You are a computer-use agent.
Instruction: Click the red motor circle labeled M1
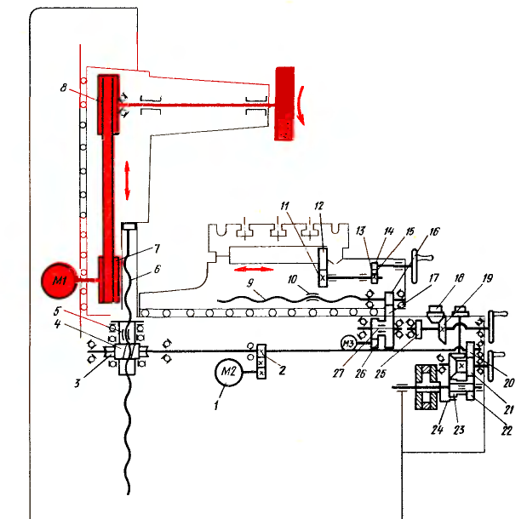coord(59,280)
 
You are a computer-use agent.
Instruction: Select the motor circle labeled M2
coord(228,372)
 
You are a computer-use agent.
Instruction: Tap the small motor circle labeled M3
coord(348,344)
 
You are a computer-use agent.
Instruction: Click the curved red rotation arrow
coord(301,106)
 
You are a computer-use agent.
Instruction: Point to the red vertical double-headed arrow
coord(127,180)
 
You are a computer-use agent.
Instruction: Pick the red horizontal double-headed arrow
coord(254,269)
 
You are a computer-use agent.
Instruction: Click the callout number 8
coord(64,88)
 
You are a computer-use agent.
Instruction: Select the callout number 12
coord(319,206)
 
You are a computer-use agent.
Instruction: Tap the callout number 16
coord(434,231)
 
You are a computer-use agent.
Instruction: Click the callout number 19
coord(488,278)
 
